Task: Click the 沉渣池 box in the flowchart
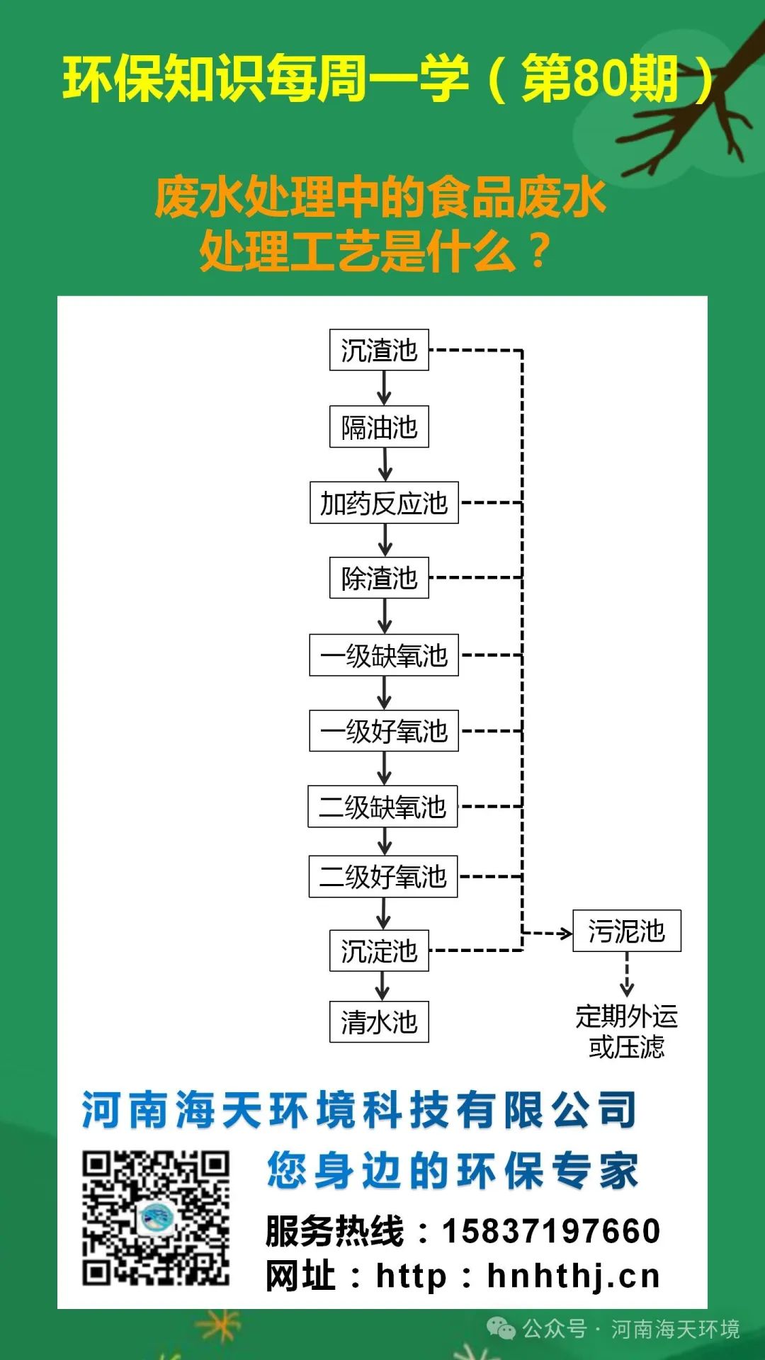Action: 379,350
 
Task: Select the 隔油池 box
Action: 379,426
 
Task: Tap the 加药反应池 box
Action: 384,503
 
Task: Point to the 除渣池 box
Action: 379,578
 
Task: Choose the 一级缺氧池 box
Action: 384,655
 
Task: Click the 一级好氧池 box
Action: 384,731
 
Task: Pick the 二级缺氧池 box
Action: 382,807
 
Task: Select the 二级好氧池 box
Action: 383,877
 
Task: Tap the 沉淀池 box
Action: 379,951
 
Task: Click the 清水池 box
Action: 379,1021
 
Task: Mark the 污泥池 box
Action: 627,931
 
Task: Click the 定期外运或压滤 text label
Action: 627,1031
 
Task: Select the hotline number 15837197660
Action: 551,1231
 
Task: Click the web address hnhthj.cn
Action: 574,1276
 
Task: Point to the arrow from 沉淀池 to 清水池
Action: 382,986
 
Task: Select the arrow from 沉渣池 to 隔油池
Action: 384,388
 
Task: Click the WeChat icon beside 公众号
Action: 502,1329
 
